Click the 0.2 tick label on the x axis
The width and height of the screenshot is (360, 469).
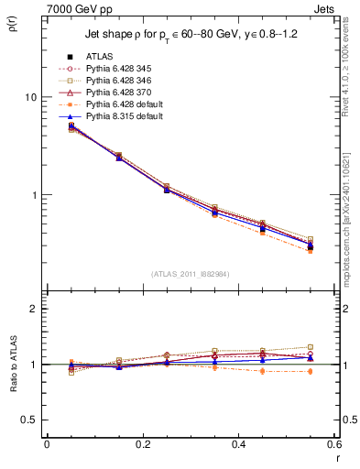pos(142,444)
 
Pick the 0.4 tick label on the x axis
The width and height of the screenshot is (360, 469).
pos(238,444)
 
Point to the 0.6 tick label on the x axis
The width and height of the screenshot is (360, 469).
pos(333,444)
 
